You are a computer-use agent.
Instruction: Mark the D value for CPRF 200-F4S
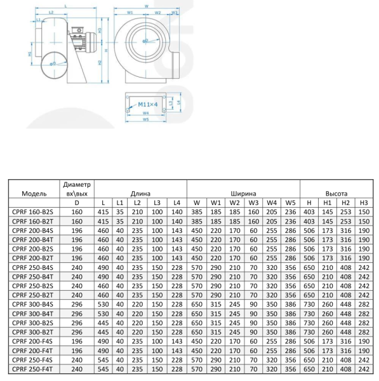[77, 340]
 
